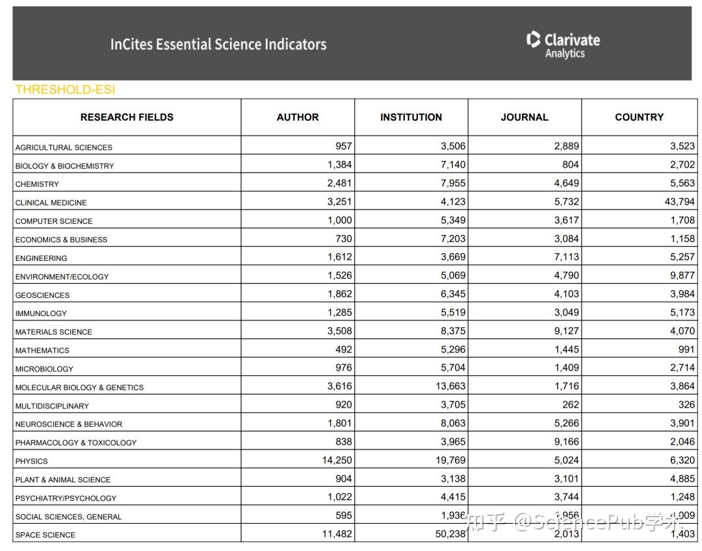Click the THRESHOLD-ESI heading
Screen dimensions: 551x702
click(65, 90)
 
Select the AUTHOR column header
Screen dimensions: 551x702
click(298, 117)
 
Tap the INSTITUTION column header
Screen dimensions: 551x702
click(411, 117)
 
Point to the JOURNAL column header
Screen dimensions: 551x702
click(524, 117)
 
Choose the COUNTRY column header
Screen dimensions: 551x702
click(639, 117)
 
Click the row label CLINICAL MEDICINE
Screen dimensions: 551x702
click(51, 202)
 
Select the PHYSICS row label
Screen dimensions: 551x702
click(31, 461)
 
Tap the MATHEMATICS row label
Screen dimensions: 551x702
click(42, 350)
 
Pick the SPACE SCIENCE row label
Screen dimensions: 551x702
click(45, 535)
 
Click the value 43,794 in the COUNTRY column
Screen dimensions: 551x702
click(679, 202)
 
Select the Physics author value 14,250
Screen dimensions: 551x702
click(337, 460)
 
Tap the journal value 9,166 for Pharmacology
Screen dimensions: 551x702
click(566, 442)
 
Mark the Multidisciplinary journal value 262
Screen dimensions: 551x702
click(571, 404)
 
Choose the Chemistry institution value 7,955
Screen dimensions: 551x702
click(453, 183)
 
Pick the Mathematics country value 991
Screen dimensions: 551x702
click(686, 349)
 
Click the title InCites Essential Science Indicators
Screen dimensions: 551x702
click(218, 44)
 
